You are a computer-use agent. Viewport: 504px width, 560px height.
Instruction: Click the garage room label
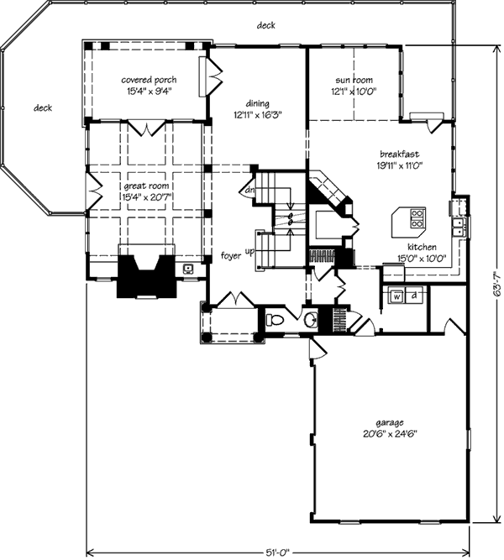coord(389,423)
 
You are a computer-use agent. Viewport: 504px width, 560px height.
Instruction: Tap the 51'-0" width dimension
coord(277,552)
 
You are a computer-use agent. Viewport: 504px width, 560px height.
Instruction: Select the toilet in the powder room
coord(275,320)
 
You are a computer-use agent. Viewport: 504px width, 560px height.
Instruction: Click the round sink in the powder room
coord(311,319)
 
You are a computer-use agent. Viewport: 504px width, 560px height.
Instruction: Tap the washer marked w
coord(396,296)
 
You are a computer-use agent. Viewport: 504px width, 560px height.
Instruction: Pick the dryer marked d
coord(414,296)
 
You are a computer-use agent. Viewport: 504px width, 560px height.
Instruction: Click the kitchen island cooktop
coord(417,218)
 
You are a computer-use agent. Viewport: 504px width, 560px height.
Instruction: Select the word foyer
coord(231,256)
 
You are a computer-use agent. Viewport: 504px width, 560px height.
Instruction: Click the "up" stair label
coord(249,252)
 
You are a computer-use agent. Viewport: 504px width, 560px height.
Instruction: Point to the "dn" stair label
coord(249,191)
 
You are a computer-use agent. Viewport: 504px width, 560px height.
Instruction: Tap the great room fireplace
coord(146,276)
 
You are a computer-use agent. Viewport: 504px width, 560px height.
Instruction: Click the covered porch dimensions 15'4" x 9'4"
coord(149,92)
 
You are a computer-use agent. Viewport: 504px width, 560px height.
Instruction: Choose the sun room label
coord(354,80)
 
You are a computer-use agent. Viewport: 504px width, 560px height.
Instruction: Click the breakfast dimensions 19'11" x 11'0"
coord(399,165)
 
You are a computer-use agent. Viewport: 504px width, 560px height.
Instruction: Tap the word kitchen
coord(423,247)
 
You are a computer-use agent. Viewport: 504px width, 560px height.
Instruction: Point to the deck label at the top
coord(266,25)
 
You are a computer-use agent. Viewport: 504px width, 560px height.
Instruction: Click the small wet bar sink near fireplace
coord(188,269)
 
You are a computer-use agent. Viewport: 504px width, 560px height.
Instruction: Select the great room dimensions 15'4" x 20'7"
coord(147,196)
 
